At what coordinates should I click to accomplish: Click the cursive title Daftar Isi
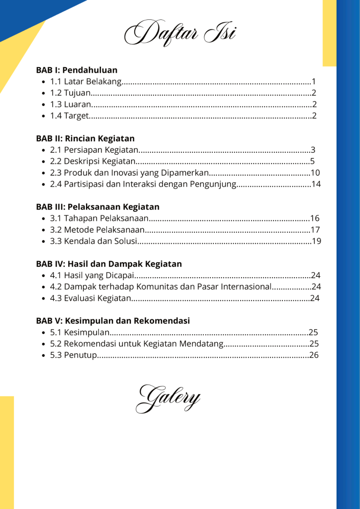click(x=180, y=33)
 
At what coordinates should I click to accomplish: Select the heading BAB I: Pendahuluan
click(x=77, y=70)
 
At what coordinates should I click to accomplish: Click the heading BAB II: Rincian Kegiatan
click(x=85, y=138)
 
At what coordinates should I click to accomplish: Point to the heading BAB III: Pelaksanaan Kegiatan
click(x=97, y=206)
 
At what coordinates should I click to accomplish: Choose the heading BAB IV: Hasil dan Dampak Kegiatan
click(x=109, y=264)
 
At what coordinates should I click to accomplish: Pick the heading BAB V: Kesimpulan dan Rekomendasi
click(x=113, y=321)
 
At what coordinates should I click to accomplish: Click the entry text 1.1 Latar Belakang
click(x=86, y=82)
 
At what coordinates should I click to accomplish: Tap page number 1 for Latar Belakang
click(x=314, y=82)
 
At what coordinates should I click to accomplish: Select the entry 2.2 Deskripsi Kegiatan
click(x=92, y=161)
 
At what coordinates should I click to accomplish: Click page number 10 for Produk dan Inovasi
click(x=315, y=173)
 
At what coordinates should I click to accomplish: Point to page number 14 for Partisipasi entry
click(x=316, y=184)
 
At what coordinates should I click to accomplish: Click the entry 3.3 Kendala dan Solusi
click(x=92, y=241)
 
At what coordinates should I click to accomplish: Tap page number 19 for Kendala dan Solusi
click(x=316, y=241)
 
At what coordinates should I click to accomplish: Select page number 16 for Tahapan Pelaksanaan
click(x=314, y=218)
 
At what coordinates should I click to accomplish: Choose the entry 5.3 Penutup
click(x=73, y=355)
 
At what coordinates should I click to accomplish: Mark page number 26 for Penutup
click(x=313, y=355)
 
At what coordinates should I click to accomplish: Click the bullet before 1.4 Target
click(x=44, y=116)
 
